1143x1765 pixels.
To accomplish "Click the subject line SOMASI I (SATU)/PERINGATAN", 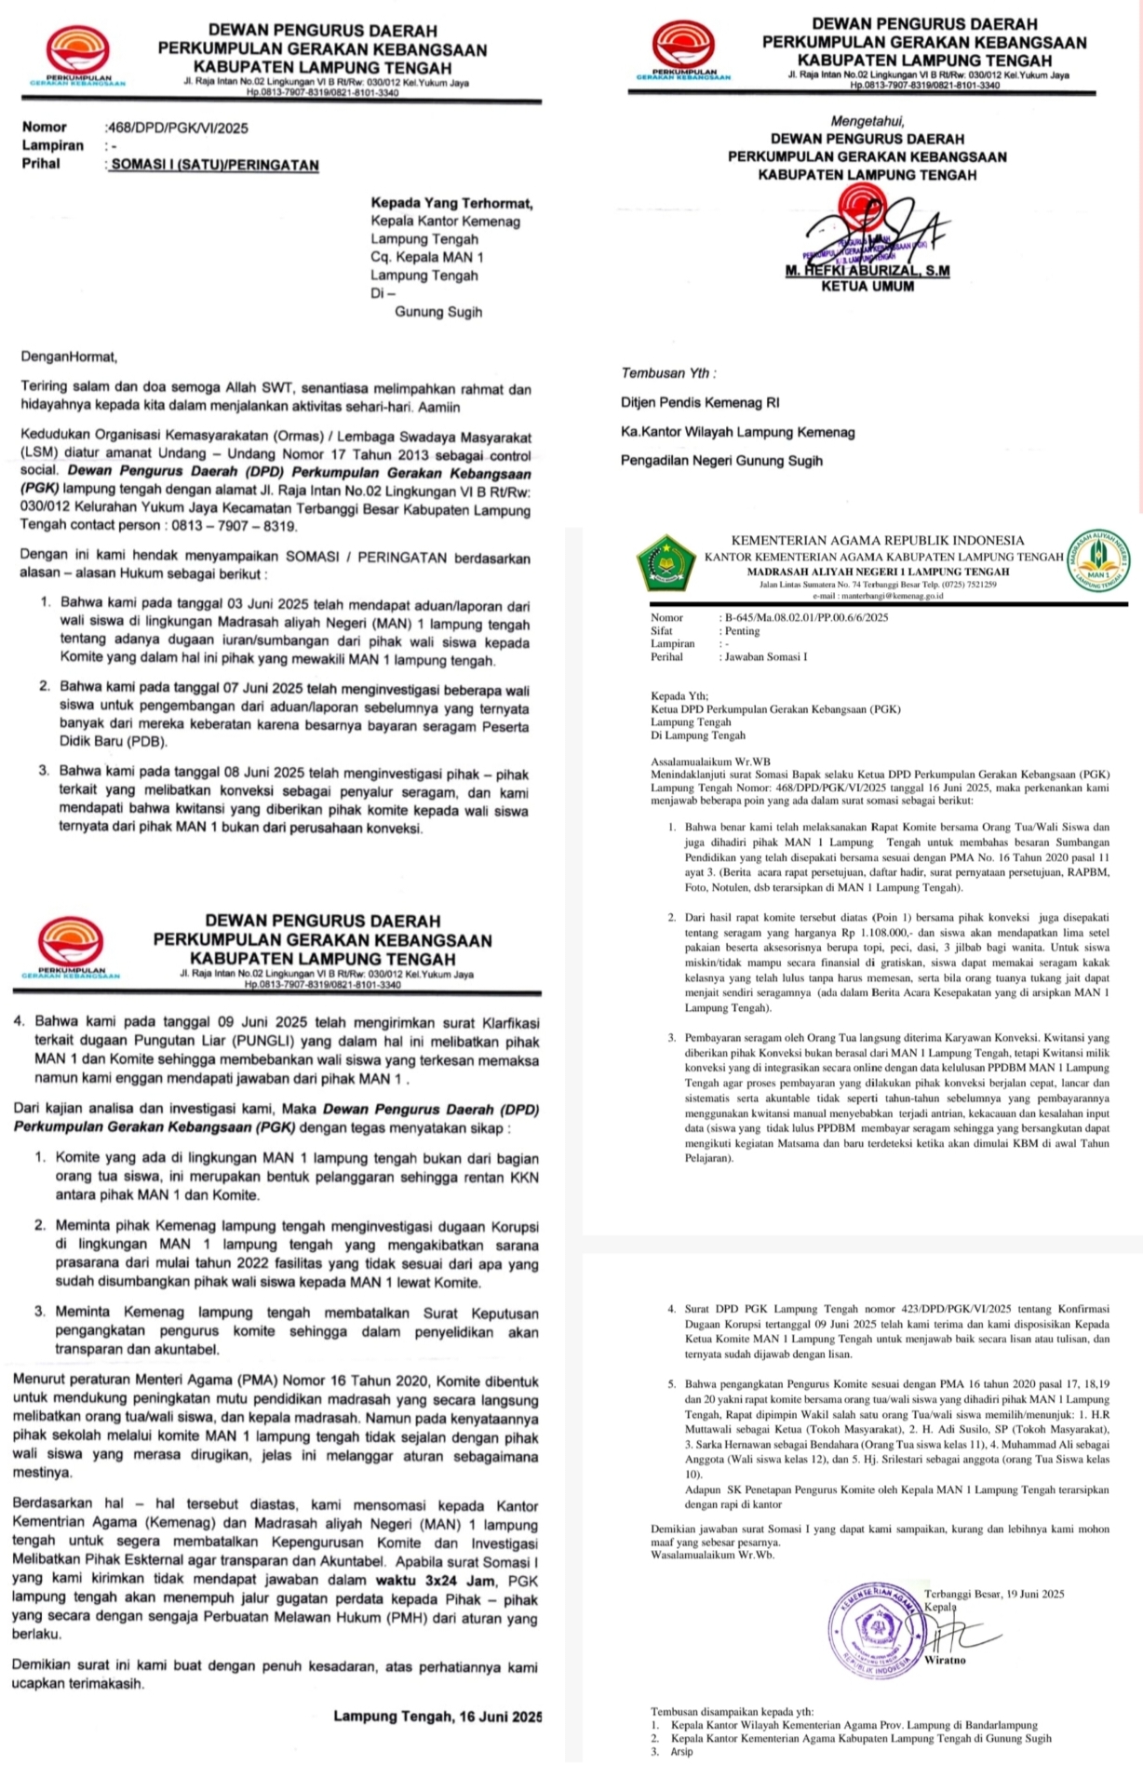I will coord(214,166).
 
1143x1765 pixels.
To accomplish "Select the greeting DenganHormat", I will coord(70,357).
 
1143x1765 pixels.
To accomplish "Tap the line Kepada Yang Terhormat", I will coord(451,203).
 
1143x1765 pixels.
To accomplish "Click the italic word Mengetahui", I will coord(867,121).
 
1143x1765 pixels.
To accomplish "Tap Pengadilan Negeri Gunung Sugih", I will coord(721,461).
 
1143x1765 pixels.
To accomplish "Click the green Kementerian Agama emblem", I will coord(666,562).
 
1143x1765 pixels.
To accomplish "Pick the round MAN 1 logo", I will coord(1098,559).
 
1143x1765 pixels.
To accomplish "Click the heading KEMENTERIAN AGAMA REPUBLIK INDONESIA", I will coord(878,541).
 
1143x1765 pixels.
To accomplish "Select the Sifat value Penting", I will coord(743,631).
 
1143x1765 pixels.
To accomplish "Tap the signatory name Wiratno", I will coord(946,1660).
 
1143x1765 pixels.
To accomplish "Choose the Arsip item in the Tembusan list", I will coord(682,1751).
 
